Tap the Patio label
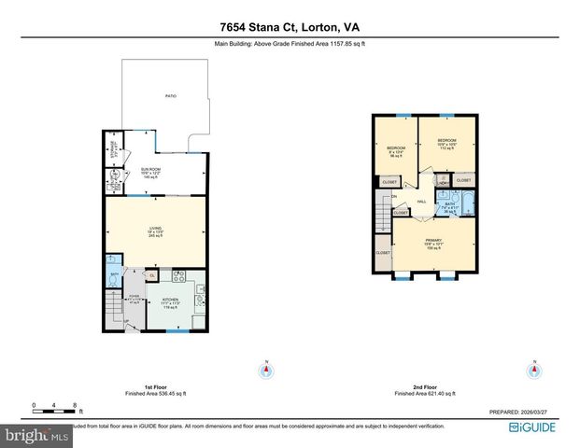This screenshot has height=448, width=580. pyautogui.click(x=171, y=97)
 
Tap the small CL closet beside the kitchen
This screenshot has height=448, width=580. pyautogui.click(x=152, y=275)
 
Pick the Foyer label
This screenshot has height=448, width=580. pyautogui.click(x=133, y=301)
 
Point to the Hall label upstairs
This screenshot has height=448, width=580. pyautogui.click(x=422, y=201)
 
